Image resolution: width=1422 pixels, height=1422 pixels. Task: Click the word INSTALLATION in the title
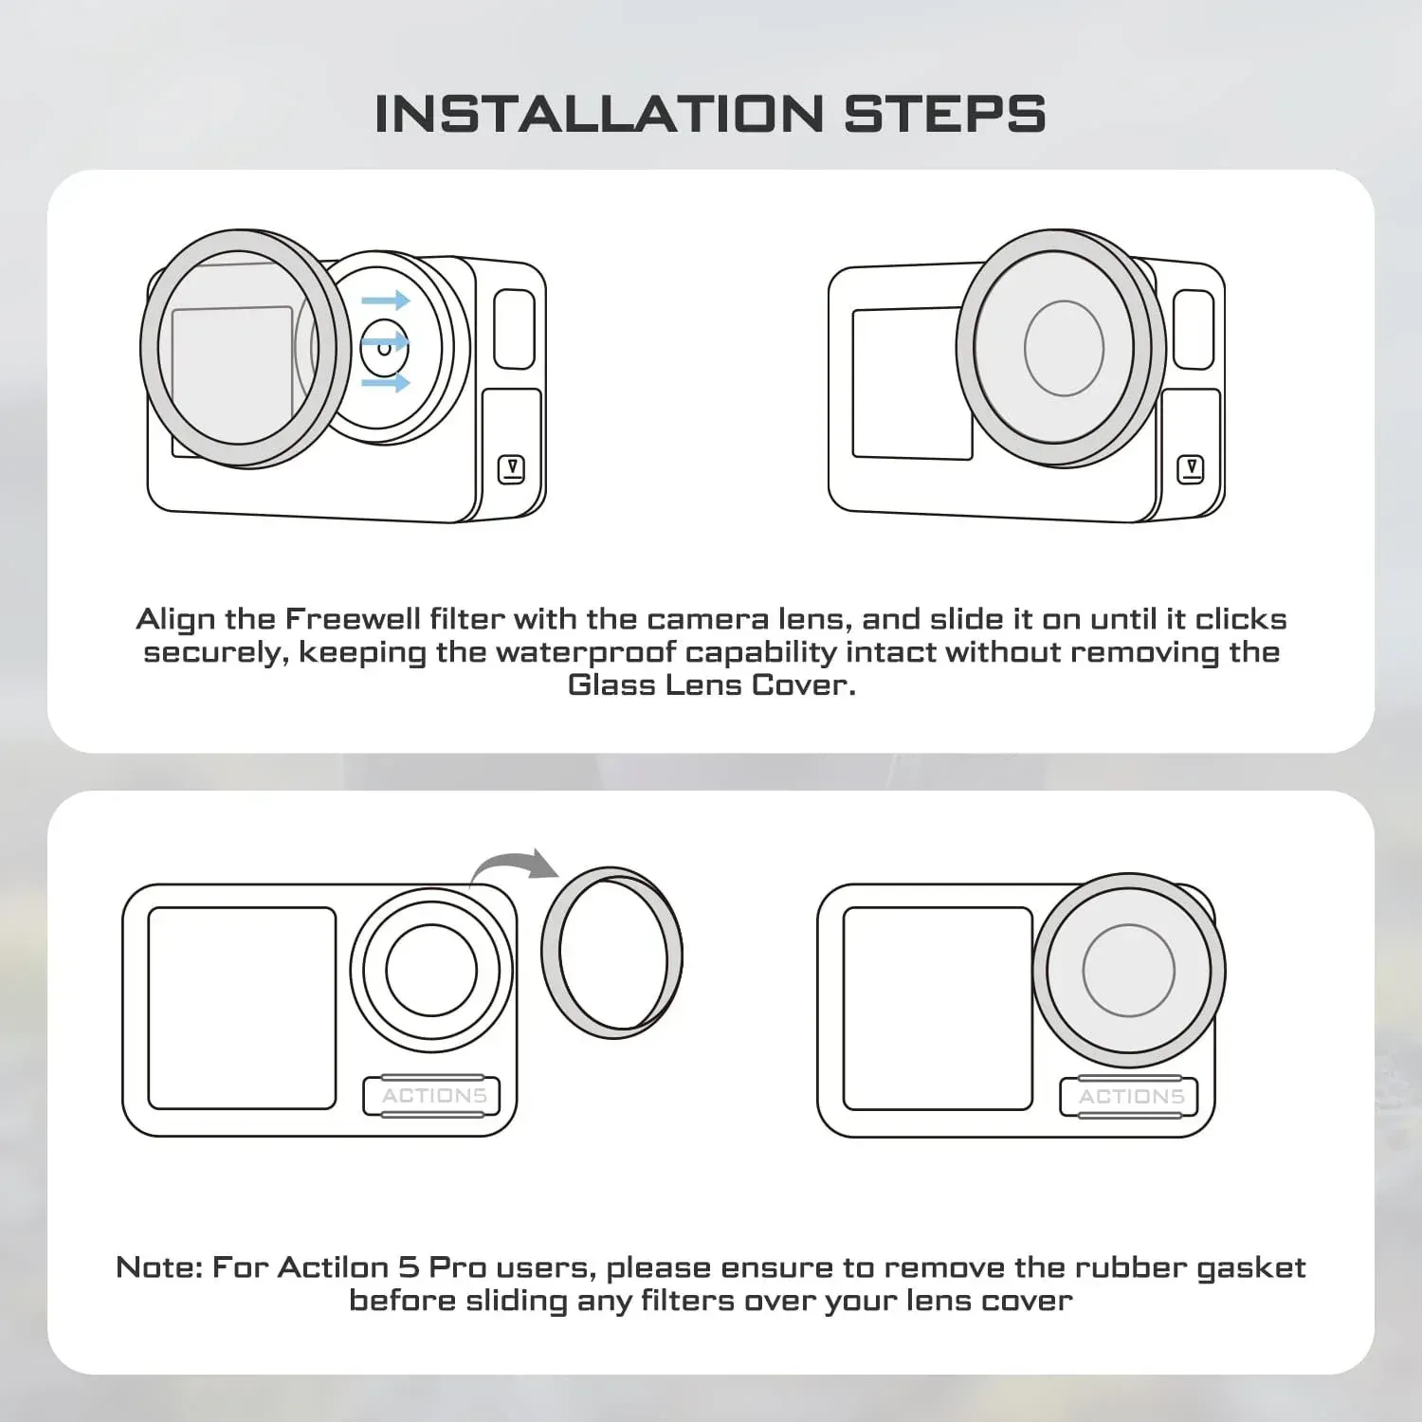[x=598, y=114]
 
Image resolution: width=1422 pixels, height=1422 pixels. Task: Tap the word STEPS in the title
[x=944, y=114]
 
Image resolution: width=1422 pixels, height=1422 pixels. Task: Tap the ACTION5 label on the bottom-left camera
[x=433, y=1096]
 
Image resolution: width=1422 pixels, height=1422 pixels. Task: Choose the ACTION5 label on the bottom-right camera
[x=1130, y=1097]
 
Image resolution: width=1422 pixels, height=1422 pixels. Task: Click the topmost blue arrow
[x=385, y=301]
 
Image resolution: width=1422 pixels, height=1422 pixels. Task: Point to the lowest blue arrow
[x=385, y=382]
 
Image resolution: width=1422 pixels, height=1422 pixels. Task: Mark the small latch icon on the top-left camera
[x=512, y=469]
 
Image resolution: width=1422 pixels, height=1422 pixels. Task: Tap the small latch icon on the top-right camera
[x=1191, y=469]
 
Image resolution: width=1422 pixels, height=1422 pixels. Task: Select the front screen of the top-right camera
[x=910, y=383]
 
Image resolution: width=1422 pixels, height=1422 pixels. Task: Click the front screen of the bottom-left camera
[x=243, y=1008]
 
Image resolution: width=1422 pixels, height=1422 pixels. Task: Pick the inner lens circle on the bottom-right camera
[x=1128, y=970]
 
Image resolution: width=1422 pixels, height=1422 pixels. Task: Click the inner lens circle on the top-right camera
[x=1064, y=348]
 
